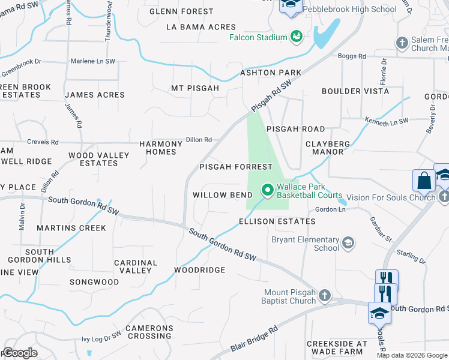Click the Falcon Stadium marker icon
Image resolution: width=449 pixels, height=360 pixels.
coord(296,37)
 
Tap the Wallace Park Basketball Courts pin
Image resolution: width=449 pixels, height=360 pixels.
coord(268,191)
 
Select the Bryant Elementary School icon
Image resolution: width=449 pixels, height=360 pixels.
coord(347,243)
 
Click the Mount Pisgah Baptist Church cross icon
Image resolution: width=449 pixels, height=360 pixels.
coord(324,295)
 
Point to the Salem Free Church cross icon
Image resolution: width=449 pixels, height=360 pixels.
coord(402,43)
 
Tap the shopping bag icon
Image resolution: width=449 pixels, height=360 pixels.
coord(424,181)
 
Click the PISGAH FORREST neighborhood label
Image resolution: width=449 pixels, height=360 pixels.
coord(236,167)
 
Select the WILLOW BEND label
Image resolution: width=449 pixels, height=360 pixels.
coord(222,196)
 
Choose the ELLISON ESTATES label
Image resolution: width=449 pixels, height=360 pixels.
coord(277,221)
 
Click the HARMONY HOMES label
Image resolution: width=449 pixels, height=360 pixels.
coord(160,148)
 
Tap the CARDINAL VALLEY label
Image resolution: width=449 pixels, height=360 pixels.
coord(136,266)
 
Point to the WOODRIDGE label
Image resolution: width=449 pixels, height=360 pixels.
coord(200,270)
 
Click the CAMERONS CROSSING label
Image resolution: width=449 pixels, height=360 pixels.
coord(149,332)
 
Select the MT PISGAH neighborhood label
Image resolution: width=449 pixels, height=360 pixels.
coord(195,88)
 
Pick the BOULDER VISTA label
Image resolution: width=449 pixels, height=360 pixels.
coord(355,91)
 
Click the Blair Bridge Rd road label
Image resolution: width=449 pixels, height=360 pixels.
coord(255,340)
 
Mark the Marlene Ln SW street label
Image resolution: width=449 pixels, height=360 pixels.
coord(93,61)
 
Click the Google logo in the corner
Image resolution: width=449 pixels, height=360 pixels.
coord(19,353)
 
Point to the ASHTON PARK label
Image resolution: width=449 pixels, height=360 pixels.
coord(271,73)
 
